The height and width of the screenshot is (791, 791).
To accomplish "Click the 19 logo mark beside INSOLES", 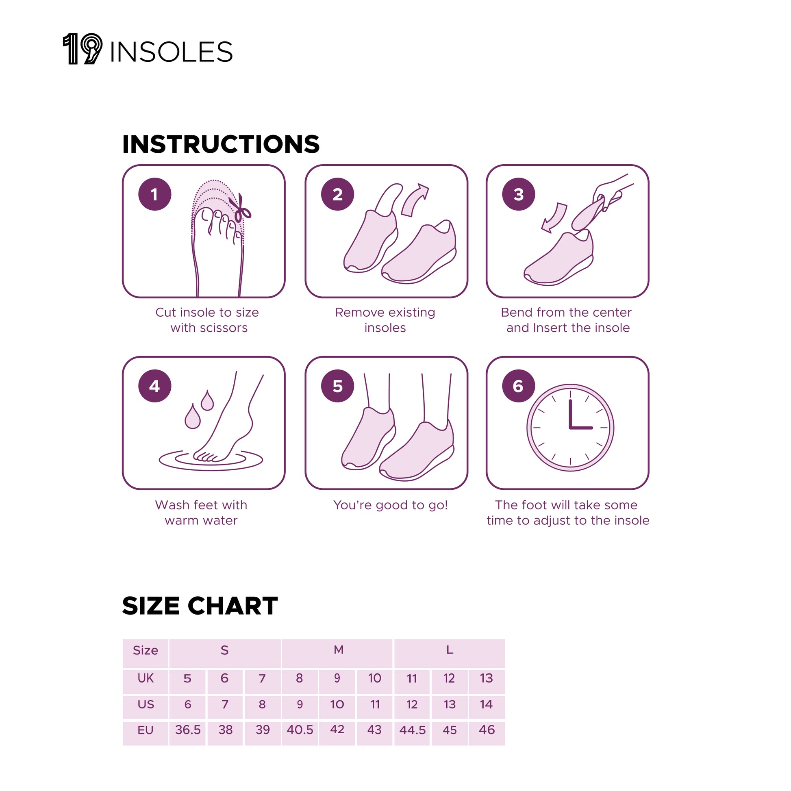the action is [82, 49].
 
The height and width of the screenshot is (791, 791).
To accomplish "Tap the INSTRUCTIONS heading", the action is [221, 144].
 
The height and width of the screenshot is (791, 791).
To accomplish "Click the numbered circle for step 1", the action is [154, 194].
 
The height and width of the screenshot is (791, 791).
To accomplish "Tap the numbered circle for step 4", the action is [154, 386].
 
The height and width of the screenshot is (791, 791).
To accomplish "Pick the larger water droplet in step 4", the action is [192, 416].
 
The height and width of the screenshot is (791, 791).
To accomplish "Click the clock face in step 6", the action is [570, 428].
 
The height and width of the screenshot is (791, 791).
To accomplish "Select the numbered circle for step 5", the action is [337, 386].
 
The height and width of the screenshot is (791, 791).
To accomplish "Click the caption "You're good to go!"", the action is [390, 505].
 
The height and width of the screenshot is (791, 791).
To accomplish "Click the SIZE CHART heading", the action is [200, 606].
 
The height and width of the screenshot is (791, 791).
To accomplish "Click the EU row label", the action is [146, 730].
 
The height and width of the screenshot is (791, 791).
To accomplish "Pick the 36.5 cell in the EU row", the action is [188, 730].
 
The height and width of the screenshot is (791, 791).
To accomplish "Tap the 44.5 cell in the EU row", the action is [412, 730].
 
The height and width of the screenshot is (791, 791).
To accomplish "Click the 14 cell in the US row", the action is [487, 704].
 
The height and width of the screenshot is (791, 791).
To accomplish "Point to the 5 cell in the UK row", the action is [187, 678].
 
